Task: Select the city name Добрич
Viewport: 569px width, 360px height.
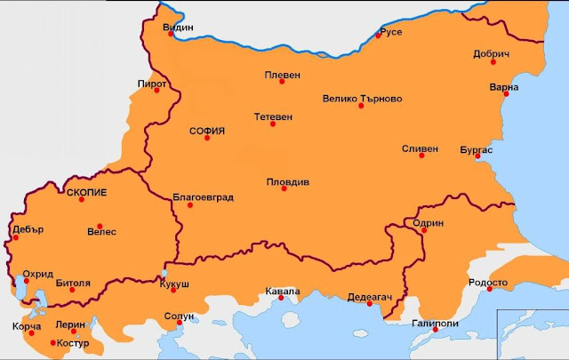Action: point(491,54)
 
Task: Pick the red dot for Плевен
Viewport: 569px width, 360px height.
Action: point(282,82)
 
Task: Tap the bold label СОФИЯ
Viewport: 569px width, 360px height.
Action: point(207,131)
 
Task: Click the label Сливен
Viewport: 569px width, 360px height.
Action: point(420,148)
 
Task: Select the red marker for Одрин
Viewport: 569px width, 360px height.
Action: point(424,230)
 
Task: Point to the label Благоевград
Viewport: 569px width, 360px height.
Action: point(203,197)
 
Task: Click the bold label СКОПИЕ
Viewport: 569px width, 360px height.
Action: point(87,192)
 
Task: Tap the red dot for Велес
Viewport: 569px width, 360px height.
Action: point(100,226)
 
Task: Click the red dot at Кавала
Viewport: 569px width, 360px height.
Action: point(282,299)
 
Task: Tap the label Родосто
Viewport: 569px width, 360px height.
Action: point(488,283)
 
